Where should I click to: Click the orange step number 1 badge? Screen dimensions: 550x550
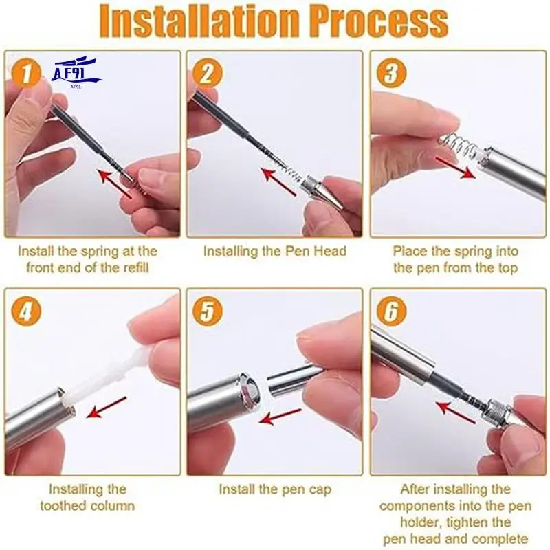point(26,73)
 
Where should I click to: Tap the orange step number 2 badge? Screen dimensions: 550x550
point(208,73)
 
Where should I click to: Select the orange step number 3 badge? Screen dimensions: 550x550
point(391,73)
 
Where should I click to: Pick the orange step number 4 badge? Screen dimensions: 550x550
point(26,311)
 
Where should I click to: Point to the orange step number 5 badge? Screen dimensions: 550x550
point(208,311)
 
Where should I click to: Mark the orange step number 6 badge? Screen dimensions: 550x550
point(391,311)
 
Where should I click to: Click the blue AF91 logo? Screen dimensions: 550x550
point(76,73)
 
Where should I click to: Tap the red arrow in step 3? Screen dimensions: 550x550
point(455,168)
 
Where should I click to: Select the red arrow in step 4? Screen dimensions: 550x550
point(107,407)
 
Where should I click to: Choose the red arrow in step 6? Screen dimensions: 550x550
point(456,412)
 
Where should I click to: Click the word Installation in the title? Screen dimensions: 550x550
point(200,21)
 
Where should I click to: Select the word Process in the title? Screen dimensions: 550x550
point(379,21)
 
